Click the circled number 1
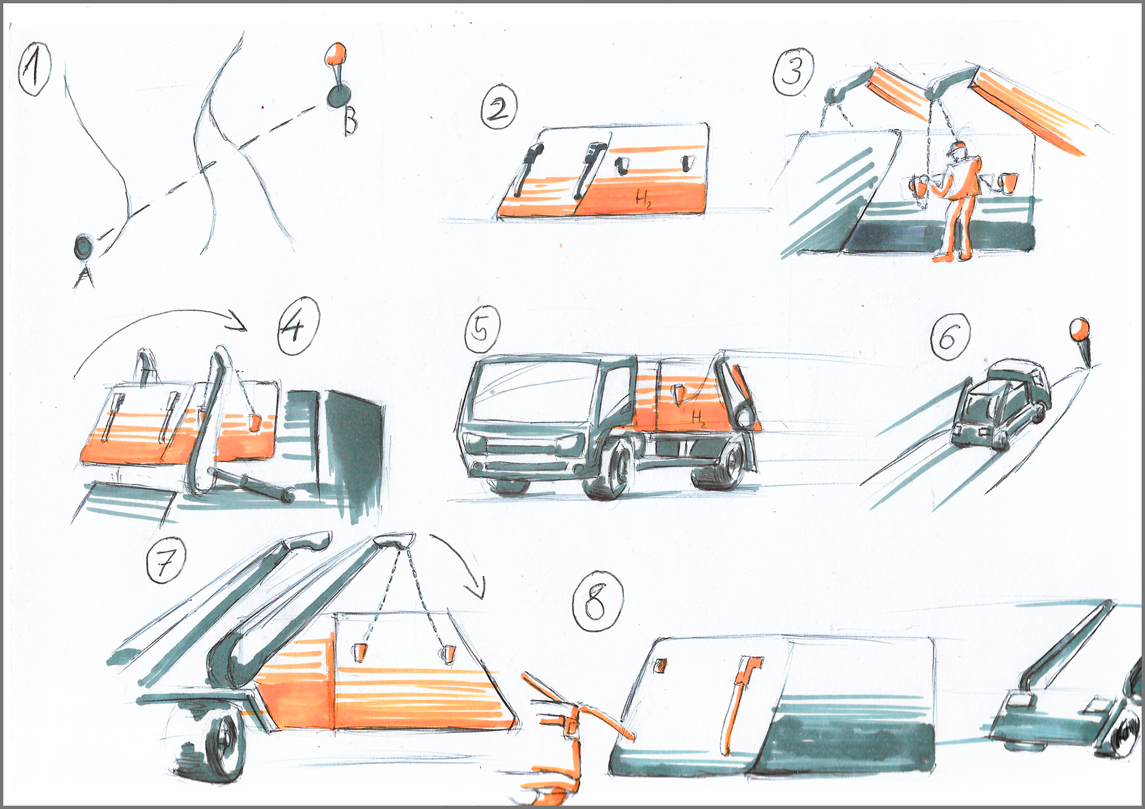coord(35,69)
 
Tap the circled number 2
coord(499,107)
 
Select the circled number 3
coord(793,72)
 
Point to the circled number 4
coord(298,326)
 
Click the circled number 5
coord(482,329)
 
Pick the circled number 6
coord(950,336)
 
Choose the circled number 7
coord(166,560)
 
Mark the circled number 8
coord(597,600)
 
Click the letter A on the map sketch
coord(84,276)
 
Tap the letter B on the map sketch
coord(351,121)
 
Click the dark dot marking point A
coord(83,246)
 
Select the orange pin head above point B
coord(336,54)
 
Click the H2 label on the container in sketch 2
coord(643,198)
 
